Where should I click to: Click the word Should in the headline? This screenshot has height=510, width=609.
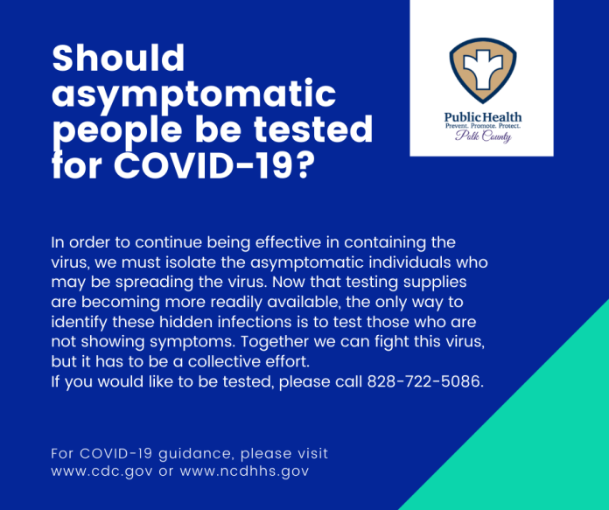[x=118, y=58]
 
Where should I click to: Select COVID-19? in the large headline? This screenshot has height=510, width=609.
[x=214, y=165]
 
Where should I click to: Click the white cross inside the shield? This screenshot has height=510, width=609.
[x=483, y=69]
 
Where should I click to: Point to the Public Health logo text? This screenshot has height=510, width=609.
[x=483, y=117]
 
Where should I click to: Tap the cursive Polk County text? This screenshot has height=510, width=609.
[x=483, y=136]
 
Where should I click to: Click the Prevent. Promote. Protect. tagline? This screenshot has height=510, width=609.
[x=483, y=126]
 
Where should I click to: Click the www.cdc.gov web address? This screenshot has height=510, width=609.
[x=101, y=472]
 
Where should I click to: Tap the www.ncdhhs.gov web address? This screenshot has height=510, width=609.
[x=244, y=472]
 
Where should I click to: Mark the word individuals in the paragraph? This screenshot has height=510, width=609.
[x=409, y=262]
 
